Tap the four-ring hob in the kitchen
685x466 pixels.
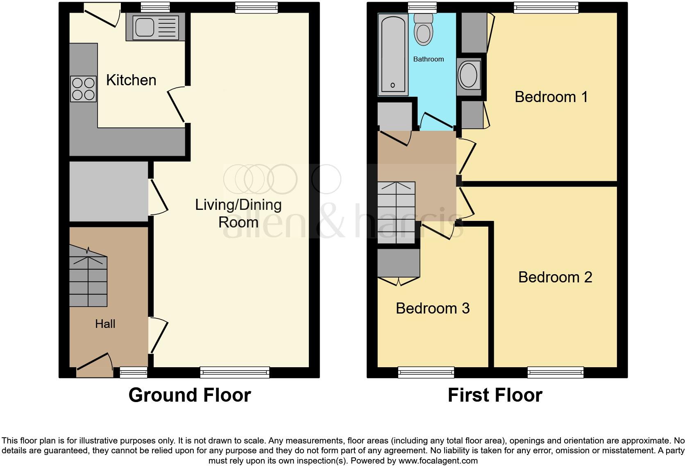click(x=84, y=89)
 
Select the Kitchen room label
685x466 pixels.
click(x=131, y=80)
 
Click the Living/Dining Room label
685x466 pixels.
click(x=238, y=213)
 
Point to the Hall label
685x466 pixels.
click(x=105, y=324)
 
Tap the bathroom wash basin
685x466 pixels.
click(x=469, y=76)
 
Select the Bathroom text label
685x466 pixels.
click(x=429, y=59)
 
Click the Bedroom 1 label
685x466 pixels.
click(x=551, y=97)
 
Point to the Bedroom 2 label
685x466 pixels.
click(x=555, y=277)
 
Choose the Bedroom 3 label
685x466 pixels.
click(x=433, y=308)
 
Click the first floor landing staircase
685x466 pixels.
click(x=396, y=213)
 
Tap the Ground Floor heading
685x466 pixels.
click(x=189, y=395)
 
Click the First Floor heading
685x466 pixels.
click(x=495, y=395)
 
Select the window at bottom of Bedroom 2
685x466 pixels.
click(x=556, y=372)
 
